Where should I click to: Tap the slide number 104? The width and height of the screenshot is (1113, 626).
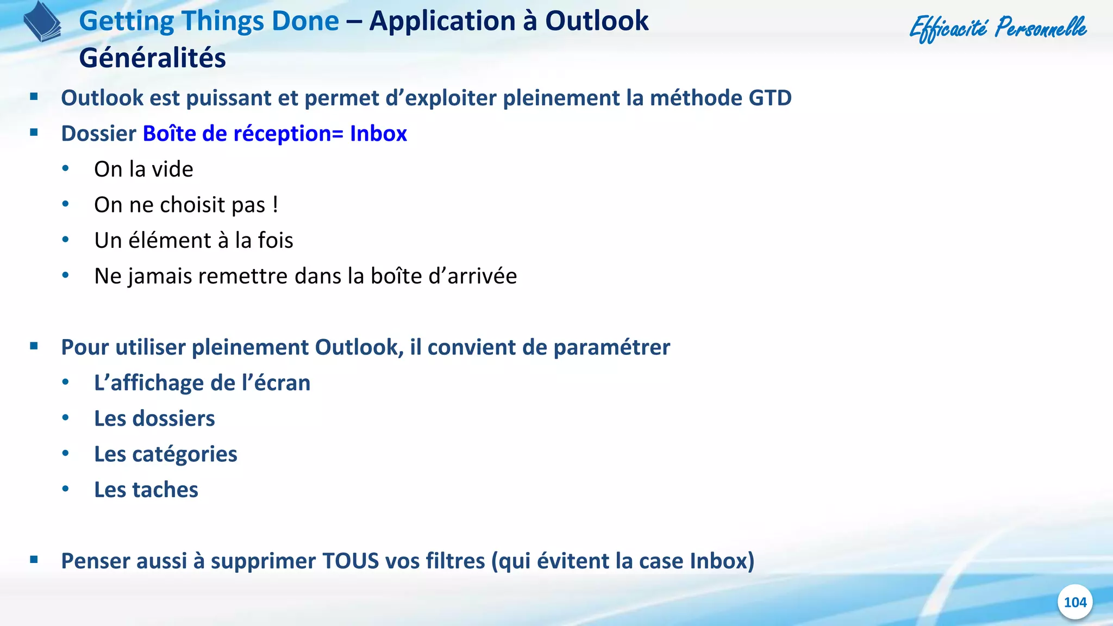pyautogui.click(x=1074, y=602)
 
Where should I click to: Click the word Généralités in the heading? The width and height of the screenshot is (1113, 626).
pyautogui.click(x=152, y=58)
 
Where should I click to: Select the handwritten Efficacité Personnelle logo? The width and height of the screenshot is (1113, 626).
pyautogui.click(x=998, y=28)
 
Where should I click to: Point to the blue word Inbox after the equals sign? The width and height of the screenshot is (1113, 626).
pyautogui.click(x=378, y=134)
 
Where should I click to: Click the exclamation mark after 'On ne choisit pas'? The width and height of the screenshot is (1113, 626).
pyautogui.click(x=276, y=205)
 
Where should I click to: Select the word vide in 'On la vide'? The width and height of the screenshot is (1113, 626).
pyautogui.click(x=172, y=170)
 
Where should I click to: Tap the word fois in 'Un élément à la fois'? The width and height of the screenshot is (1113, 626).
pyautogui.click(x=275, y=241)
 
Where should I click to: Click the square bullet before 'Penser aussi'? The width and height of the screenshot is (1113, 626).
pyautogui.click(x=34, y=559)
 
